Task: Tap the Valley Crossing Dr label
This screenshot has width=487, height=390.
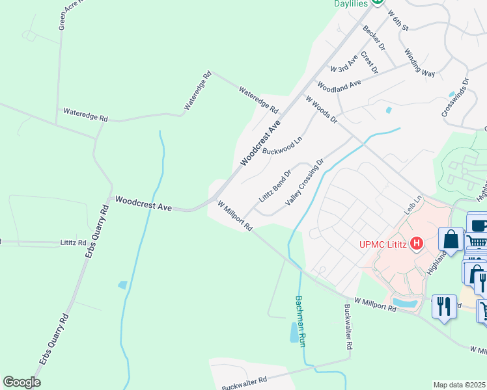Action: [305, 183]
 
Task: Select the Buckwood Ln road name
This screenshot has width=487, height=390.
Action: [283, 146]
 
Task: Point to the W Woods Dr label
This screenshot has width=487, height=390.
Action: [322, 109]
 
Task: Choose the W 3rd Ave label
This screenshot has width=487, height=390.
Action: [344, 64]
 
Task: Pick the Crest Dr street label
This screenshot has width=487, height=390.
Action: [369, 62]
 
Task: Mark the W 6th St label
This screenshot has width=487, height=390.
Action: [397, 21]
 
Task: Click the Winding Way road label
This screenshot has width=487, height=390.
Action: [419, 63]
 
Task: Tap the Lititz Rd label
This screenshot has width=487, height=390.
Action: [73, 242]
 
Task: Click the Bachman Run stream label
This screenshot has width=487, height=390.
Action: [300, 322]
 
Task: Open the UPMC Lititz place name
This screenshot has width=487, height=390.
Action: [386, 245]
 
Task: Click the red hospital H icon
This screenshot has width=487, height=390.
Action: [418, 244]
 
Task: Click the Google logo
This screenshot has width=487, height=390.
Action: [21, 382]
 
